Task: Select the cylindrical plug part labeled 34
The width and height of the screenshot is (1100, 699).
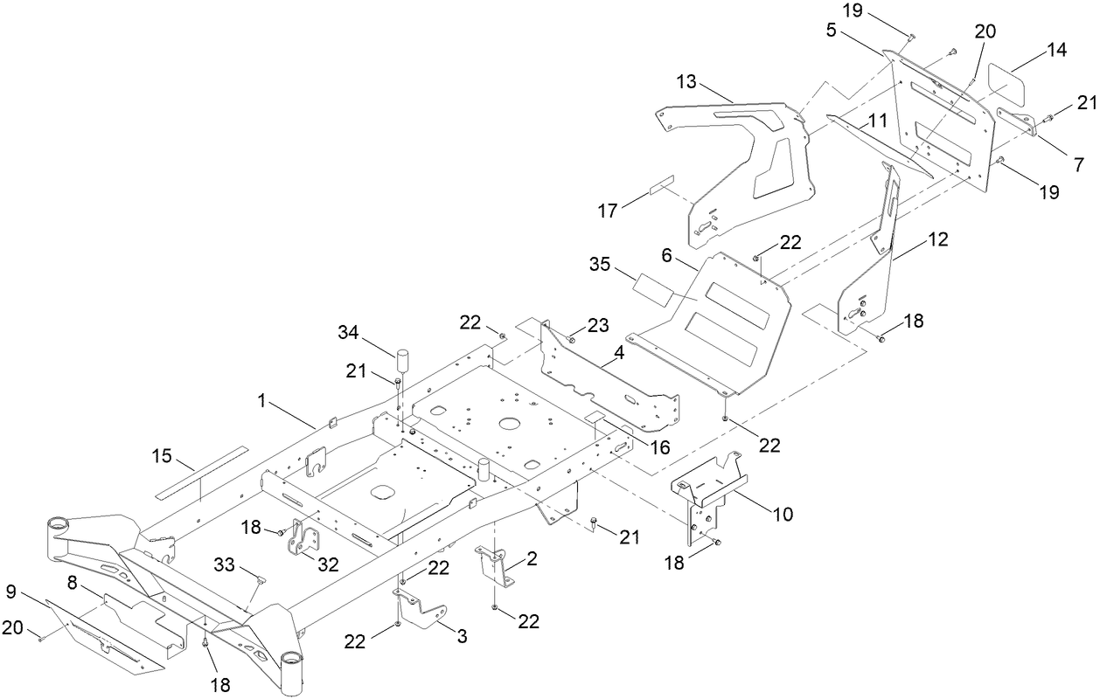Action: coord(403,360)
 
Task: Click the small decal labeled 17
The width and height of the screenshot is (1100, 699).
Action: coord(662,190)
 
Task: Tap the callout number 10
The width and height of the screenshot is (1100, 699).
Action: coord(783,514)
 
